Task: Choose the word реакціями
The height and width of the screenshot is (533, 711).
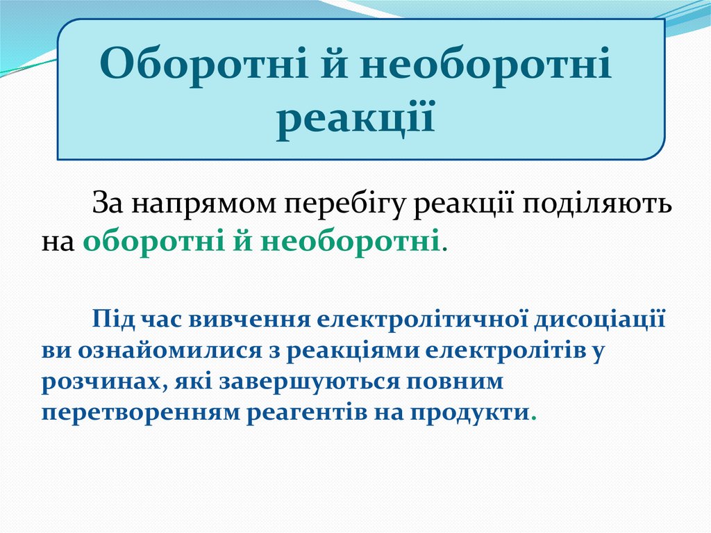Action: click(353, 350)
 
